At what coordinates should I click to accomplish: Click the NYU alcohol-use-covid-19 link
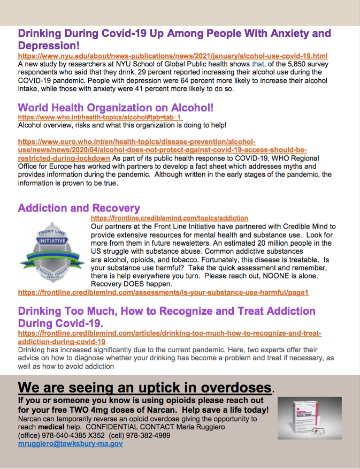pos(173,56)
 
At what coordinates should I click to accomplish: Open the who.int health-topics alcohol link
pos(100,117)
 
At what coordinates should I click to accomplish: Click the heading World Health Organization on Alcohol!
pos(116,108)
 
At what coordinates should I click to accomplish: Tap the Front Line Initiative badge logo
pos(52,251)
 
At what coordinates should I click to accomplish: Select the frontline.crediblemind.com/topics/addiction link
pos(170,218)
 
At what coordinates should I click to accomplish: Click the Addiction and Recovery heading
pos(79,208)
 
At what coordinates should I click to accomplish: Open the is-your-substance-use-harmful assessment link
pos(163,293)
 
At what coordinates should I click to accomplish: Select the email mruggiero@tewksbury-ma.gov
pos(70,444)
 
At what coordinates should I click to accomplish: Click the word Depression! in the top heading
pos(49,46)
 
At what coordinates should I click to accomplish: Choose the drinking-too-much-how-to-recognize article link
pos(170,337)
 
